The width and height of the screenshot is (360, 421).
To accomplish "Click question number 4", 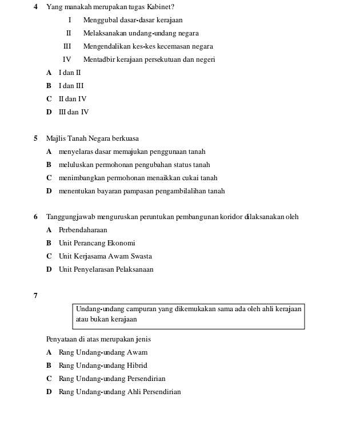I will click(35, 7).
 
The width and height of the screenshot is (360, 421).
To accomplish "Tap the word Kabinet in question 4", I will click(158, 7).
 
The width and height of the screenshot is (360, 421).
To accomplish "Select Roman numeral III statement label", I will click(67, 46).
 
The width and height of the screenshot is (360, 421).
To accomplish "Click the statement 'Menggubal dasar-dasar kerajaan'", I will click(133, 20).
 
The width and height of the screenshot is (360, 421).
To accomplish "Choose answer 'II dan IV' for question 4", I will click(72, 99).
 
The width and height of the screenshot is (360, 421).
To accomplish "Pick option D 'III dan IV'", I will click(73, 112).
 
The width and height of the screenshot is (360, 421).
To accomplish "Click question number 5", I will click(35, 138).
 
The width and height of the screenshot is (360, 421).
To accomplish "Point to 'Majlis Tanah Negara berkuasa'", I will click(92, 138).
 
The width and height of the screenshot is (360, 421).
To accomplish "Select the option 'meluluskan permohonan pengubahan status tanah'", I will click(134, 165).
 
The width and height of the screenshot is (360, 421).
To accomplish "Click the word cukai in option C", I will click(190, 178).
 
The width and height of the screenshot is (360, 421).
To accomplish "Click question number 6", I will click(35, 217).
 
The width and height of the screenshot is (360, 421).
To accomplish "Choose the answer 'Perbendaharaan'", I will click(82, 230).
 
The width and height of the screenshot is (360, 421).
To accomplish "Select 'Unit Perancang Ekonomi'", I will click(97, 243).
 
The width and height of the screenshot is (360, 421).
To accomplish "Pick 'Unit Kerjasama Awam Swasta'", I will click(105, 256).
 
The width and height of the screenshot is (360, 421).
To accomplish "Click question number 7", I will click(35, 296).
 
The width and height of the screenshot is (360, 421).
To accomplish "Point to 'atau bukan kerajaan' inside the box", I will click(106, 319).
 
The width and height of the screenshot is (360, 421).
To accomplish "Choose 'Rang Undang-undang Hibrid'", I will click(103, 366).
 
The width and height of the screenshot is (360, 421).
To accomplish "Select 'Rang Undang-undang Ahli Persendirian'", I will click(119, 392).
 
